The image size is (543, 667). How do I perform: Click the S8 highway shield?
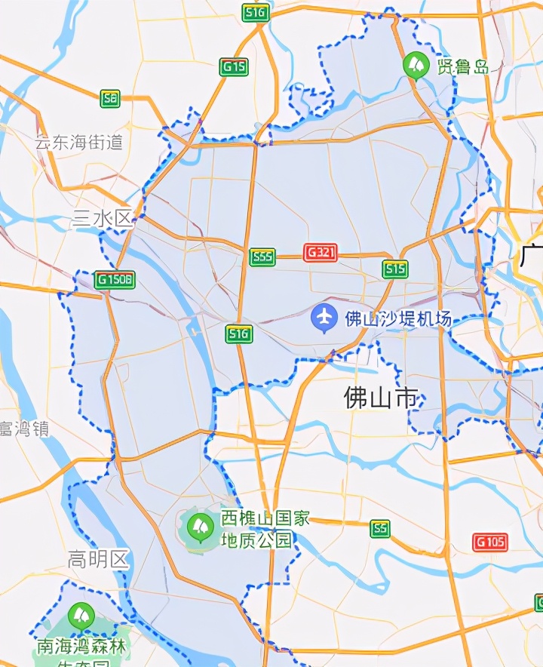point(110,98)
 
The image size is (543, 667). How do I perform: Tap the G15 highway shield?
point(234,67)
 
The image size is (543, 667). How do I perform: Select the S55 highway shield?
point(262,257)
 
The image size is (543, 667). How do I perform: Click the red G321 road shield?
point(320,253)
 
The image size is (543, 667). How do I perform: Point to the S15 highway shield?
point(394,269)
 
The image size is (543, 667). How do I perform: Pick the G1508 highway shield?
point(115,280)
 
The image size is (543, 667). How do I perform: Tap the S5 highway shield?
point(381,529)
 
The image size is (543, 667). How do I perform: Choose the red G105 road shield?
point(490,542)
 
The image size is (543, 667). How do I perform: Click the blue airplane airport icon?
point(324,318)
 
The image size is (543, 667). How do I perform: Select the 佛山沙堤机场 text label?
point(398,319)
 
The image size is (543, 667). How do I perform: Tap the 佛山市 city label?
point(381,398)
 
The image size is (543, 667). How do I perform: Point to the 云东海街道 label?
point(79,142)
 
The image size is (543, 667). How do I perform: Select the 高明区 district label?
point(99,560)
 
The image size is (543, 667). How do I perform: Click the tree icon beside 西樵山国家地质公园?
point(201,524)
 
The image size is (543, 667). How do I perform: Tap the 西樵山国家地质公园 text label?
point(265,529)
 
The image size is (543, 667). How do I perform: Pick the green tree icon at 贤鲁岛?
point(415,65)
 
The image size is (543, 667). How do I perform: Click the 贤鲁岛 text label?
point(462,66)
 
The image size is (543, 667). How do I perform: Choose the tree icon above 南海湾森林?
point(81,616)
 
